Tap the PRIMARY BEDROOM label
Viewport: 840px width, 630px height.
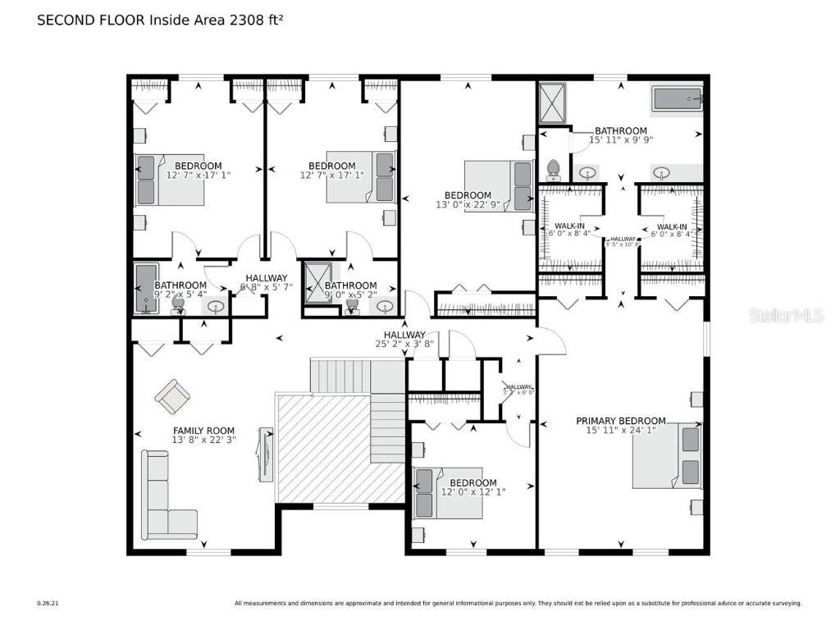coord(620,421)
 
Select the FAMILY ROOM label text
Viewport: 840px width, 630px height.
coord(203,431)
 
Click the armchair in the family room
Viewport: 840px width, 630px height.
coord(172,397)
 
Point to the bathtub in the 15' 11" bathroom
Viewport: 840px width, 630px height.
coord(677,100)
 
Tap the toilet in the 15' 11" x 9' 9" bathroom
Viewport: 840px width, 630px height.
coord(554,169)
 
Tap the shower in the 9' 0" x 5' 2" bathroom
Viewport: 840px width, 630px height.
coord(316,283)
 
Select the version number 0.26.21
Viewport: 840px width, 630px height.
coord(48,603)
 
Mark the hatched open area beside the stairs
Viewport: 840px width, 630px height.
coord(324,447)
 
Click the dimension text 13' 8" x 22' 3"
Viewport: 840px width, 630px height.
coord(203,441)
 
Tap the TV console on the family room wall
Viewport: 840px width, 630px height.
coord(266,452)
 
